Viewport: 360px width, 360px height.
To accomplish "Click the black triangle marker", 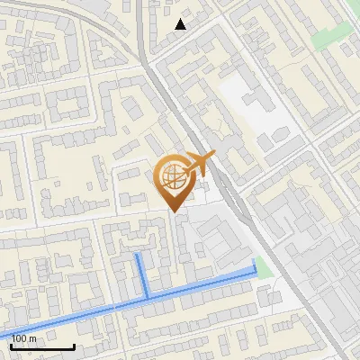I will tap(181, 24).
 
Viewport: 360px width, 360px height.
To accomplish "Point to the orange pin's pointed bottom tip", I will tap(174, 211).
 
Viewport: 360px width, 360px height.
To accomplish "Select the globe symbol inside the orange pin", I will tap(173, 178).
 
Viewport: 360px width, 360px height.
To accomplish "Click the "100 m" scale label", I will tap(24, 338).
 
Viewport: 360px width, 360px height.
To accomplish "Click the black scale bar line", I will tap(42, 346).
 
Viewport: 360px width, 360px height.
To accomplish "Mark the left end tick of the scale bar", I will tap(11, 345).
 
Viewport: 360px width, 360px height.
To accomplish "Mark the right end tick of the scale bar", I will tap(74, 345).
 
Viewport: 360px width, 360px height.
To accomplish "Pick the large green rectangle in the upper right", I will tap(336, 33).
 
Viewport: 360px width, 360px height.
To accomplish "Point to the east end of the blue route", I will tap(255, 270).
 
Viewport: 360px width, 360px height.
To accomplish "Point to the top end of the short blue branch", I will tap(138, 256).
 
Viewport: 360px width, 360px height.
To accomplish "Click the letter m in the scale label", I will tap(32, 338).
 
